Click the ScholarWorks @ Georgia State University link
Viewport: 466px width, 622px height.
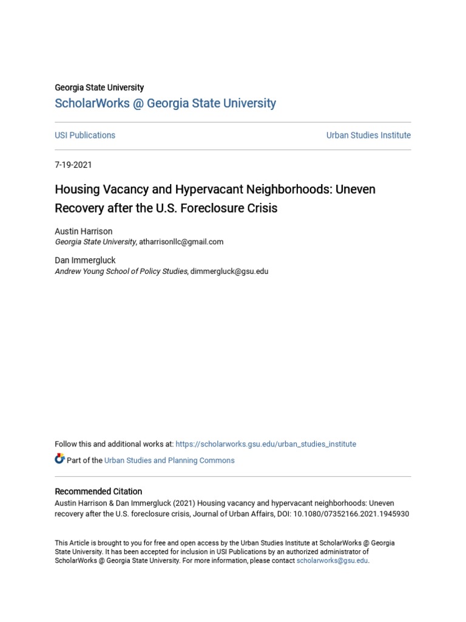[165, 103]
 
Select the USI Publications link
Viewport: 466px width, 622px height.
[85, 135]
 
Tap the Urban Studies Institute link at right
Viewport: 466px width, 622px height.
[368, 135]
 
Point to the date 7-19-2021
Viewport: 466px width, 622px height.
[73, 165]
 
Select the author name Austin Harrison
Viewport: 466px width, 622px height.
[84, 231]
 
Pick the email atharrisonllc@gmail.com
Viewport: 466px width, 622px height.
[181, 242]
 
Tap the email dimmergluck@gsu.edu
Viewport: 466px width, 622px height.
[229, 272]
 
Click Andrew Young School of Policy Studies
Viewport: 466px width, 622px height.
[121, 272]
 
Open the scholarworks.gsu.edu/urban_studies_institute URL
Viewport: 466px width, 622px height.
[266, 444]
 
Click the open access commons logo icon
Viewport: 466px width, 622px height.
[59, 459]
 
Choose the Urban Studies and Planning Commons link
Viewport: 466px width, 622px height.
[169, 460]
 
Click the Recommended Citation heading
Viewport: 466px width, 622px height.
[98, 491]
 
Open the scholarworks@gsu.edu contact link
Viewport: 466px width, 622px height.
[332, 561]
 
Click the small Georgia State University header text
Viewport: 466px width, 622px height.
[100, 87]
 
